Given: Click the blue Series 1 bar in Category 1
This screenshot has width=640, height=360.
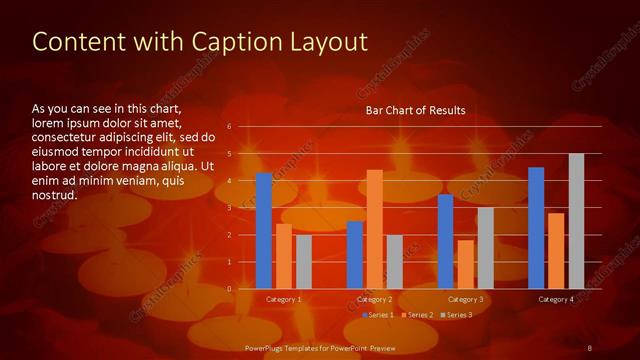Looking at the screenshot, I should [263, 231].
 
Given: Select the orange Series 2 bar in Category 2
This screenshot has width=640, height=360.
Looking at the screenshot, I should [375, 229].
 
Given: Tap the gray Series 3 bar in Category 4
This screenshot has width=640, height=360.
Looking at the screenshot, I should [576, 221].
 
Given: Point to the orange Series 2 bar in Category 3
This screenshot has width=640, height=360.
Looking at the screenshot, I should [466, 264].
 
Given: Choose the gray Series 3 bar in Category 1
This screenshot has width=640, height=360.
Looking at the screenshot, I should [304, 262].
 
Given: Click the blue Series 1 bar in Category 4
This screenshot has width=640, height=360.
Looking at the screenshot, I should [536, 228].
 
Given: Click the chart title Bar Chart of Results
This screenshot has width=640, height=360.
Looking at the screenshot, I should [415, 110].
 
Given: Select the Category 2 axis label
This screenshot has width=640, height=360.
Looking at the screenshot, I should [374, 300].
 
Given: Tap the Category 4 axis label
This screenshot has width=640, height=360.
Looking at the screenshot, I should [556, 300].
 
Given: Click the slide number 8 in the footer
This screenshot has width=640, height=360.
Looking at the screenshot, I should [591, 347].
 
